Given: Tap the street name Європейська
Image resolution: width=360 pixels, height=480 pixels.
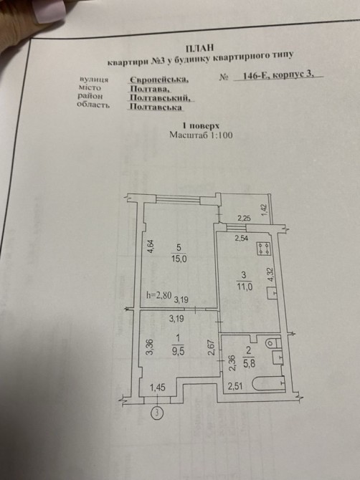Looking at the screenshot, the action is pos(158,80).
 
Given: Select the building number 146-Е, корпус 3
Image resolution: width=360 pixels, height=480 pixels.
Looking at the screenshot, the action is pos(278,75).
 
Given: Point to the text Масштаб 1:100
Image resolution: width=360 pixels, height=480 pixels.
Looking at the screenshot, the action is pos(201,135).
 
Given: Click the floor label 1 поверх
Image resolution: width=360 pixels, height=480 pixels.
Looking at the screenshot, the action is pos(201,125).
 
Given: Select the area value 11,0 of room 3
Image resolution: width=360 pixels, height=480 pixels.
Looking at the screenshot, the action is pos(245,287).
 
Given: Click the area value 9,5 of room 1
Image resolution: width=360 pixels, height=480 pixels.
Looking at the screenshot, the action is pos(178,351).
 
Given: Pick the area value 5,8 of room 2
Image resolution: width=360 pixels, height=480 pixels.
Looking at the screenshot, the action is pos(249,363).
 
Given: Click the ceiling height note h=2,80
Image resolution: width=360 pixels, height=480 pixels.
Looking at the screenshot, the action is pos(159,295).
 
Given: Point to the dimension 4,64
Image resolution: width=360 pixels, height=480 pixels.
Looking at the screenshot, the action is pos(151,246).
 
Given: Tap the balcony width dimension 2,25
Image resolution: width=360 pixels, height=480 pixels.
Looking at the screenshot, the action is pos(245,219).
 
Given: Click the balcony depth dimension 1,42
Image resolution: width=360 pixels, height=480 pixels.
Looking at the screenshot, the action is pos(265,210).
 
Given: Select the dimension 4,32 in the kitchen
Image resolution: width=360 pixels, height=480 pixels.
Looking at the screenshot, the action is pos(270,274).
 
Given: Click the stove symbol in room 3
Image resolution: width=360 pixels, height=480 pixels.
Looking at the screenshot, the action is pos(264,249).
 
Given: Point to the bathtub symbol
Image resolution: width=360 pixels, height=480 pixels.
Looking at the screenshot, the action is pos(269,383).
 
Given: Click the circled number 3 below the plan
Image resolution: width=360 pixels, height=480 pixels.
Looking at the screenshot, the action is pos(157,413).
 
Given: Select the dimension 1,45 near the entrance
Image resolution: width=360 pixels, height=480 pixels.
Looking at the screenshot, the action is pos(158,388).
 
